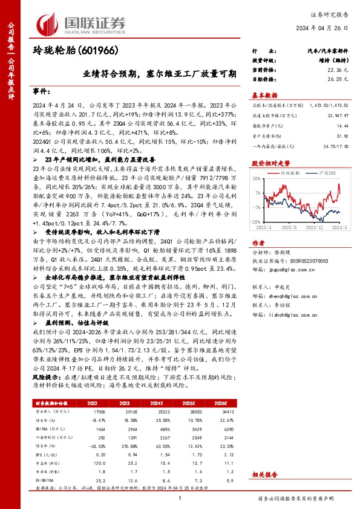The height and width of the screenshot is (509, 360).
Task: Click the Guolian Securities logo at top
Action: coord(82,22)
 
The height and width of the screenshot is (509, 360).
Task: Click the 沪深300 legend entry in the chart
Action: coord(327,173)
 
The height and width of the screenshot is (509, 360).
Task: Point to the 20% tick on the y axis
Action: coord(257,179)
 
